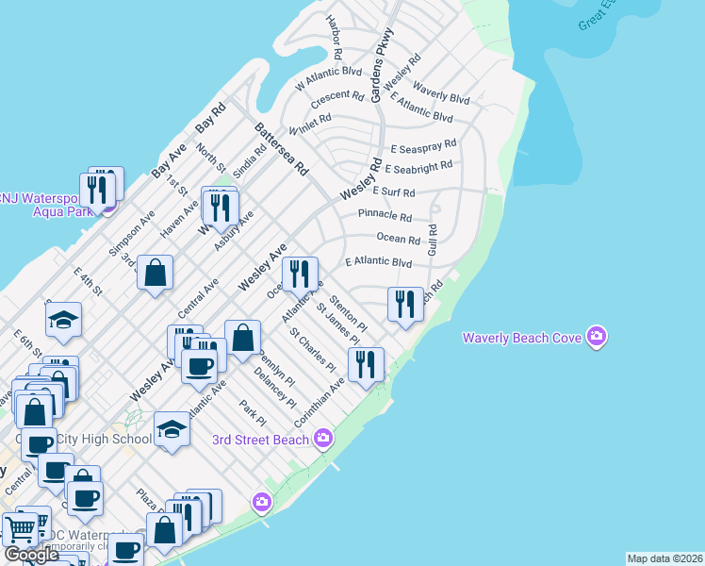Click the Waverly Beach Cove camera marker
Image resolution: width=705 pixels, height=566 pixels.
[595, 337]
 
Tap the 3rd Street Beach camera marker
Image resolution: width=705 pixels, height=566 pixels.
[323, 439]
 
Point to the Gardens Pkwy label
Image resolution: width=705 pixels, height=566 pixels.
[382, 65]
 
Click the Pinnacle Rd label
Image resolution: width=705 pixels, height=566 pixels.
[385, 216]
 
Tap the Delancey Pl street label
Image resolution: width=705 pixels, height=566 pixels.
[274, 389]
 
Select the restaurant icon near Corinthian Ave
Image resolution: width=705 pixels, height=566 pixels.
[366, 365]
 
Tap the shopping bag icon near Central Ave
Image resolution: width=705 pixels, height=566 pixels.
[155, 274]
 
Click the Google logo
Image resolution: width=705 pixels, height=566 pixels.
[31, 555]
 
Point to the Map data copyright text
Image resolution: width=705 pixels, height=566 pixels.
[664, 558]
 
